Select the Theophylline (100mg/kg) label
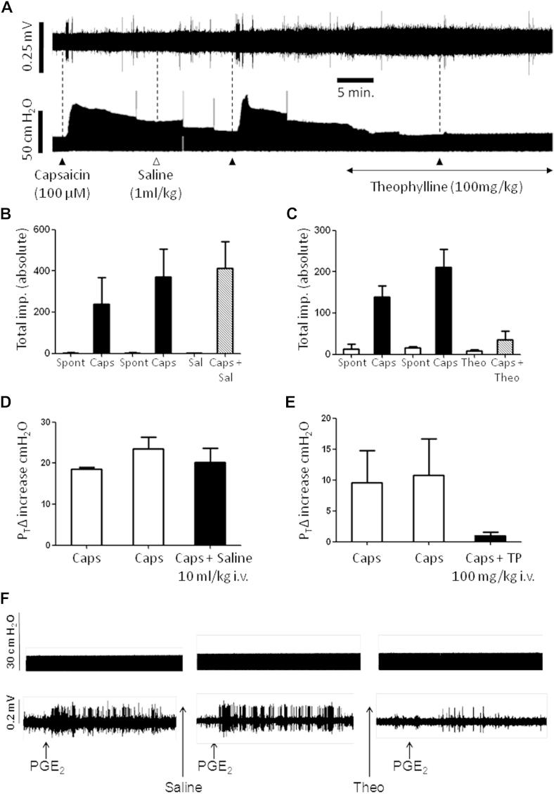coord(449,188)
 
